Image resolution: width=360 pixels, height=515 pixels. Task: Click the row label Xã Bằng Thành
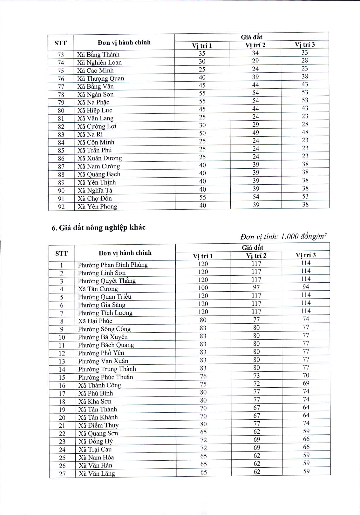tap(98, 55)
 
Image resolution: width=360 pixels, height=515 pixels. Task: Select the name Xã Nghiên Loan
tap(99, 63)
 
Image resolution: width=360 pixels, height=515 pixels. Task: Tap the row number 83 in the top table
tap(61, 135)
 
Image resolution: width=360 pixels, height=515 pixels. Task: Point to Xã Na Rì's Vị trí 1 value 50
tap(202, 133)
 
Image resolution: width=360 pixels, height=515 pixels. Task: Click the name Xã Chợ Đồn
tap(95, 199)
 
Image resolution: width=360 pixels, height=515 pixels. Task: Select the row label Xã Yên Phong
tap(97, 207)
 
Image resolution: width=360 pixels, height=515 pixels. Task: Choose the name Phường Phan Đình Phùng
tap(113, 265)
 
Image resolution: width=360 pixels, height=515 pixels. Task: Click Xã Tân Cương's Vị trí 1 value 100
tap(203, 288)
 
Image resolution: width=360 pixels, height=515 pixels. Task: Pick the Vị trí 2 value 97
tap(256, 287)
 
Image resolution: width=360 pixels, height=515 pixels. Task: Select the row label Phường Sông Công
tap(104, 329)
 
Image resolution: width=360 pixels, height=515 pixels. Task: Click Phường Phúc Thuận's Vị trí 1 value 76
tap(203, 376)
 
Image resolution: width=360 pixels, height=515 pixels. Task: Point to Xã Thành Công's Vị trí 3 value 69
tap(306, 383)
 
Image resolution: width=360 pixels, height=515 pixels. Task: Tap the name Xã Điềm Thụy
tap(99, 425)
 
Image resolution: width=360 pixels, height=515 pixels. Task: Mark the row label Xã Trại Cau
tap(95, 450)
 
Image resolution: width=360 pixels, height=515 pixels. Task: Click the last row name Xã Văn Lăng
tap(97, 474)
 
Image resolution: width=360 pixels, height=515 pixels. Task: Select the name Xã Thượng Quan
tap(101, 79)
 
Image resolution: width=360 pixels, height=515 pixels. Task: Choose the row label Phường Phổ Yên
tap(101, 353)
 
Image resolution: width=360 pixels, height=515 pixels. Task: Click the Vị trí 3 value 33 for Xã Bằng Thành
tap(304, 53)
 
